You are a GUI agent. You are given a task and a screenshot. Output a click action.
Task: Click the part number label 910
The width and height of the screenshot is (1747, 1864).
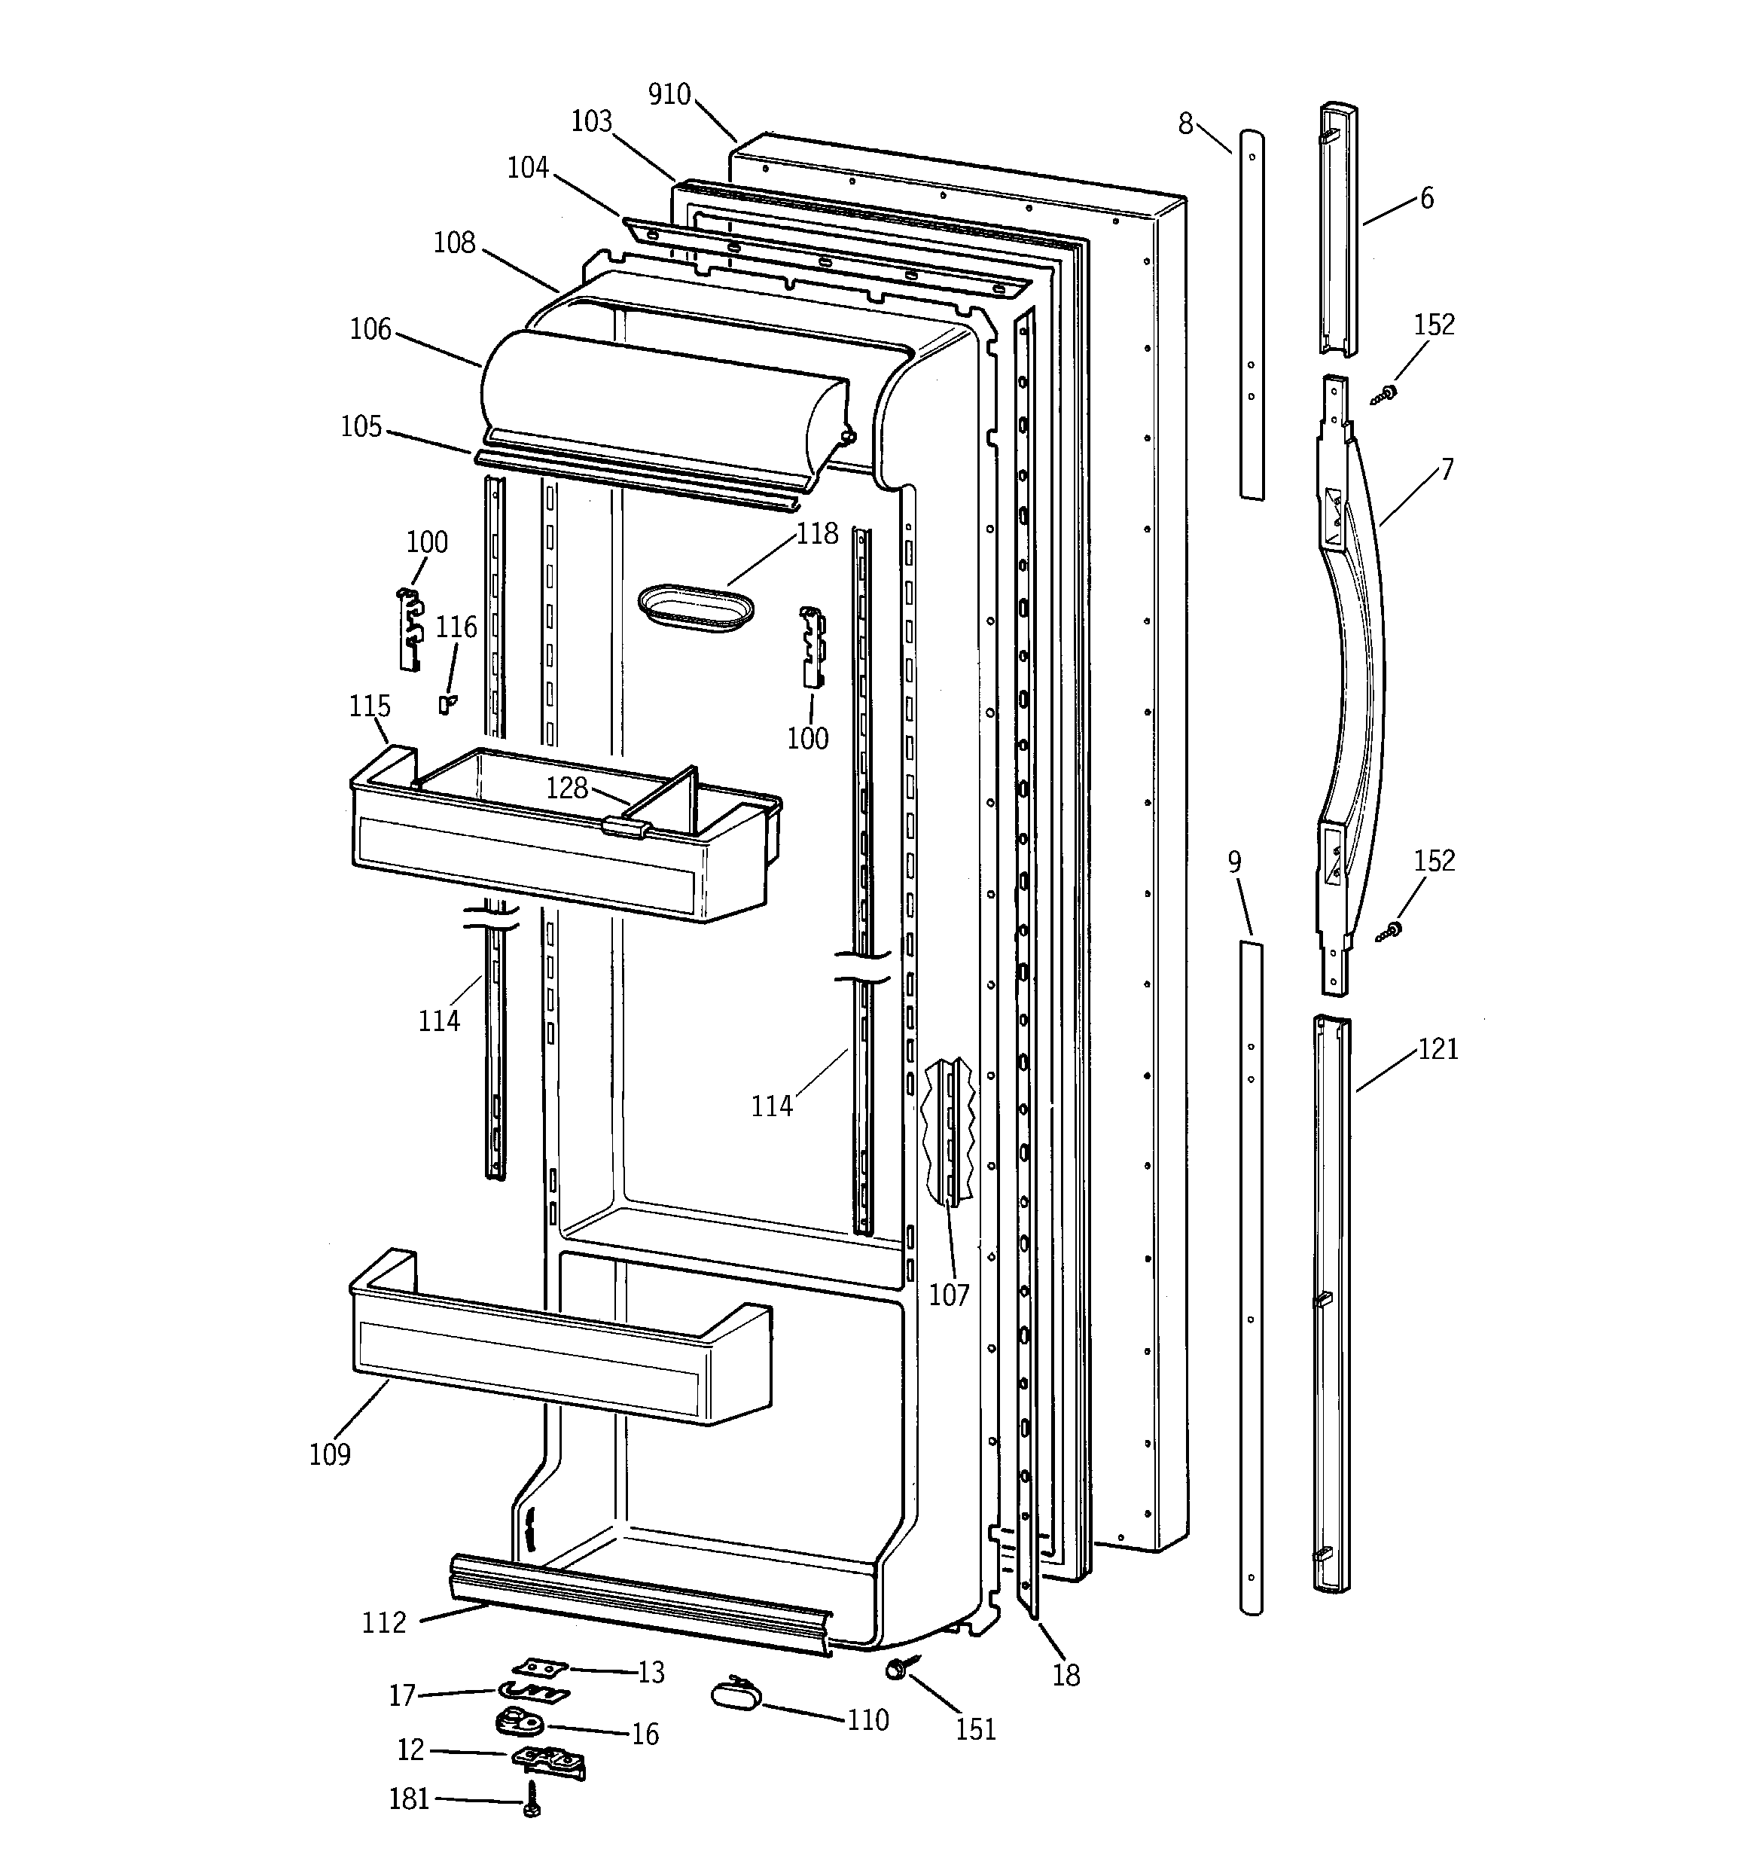click(669, 95)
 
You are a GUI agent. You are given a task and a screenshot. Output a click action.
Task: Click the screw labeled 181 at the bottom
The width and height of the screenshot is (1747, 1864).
click(532, 1799)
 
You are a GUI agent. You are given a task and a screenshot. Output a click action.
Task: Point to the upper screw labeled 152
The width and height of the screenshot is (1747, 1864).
click(1383, 395)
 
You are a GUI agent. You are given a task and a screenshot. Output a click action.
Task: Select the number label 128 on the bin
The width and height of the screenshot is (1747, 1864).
click(567, 788)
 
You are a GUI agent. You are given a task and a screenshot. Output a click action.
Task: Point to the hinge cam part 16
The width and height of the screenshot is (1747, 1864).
click(516, 1722)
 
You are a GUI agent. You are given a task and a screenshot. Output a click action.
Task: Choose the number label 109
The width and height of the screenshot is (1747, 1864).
click(329, 1454)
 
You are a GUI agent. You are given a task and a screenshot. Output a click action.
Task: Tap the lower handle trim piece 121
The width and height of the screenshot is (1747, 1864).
click(1331, 1304)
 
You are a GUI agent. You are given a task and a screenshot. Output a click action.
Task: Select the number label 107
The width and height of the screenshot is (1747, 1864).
click(948, 1295)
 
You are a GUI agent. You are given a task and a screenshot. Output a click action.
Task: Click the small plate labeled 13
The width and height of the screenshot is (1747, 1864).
click(540, 1667)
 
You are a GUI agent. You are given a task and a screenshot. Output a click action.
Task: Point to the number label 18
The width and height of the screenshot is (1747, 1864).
click(1066, 1676)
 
